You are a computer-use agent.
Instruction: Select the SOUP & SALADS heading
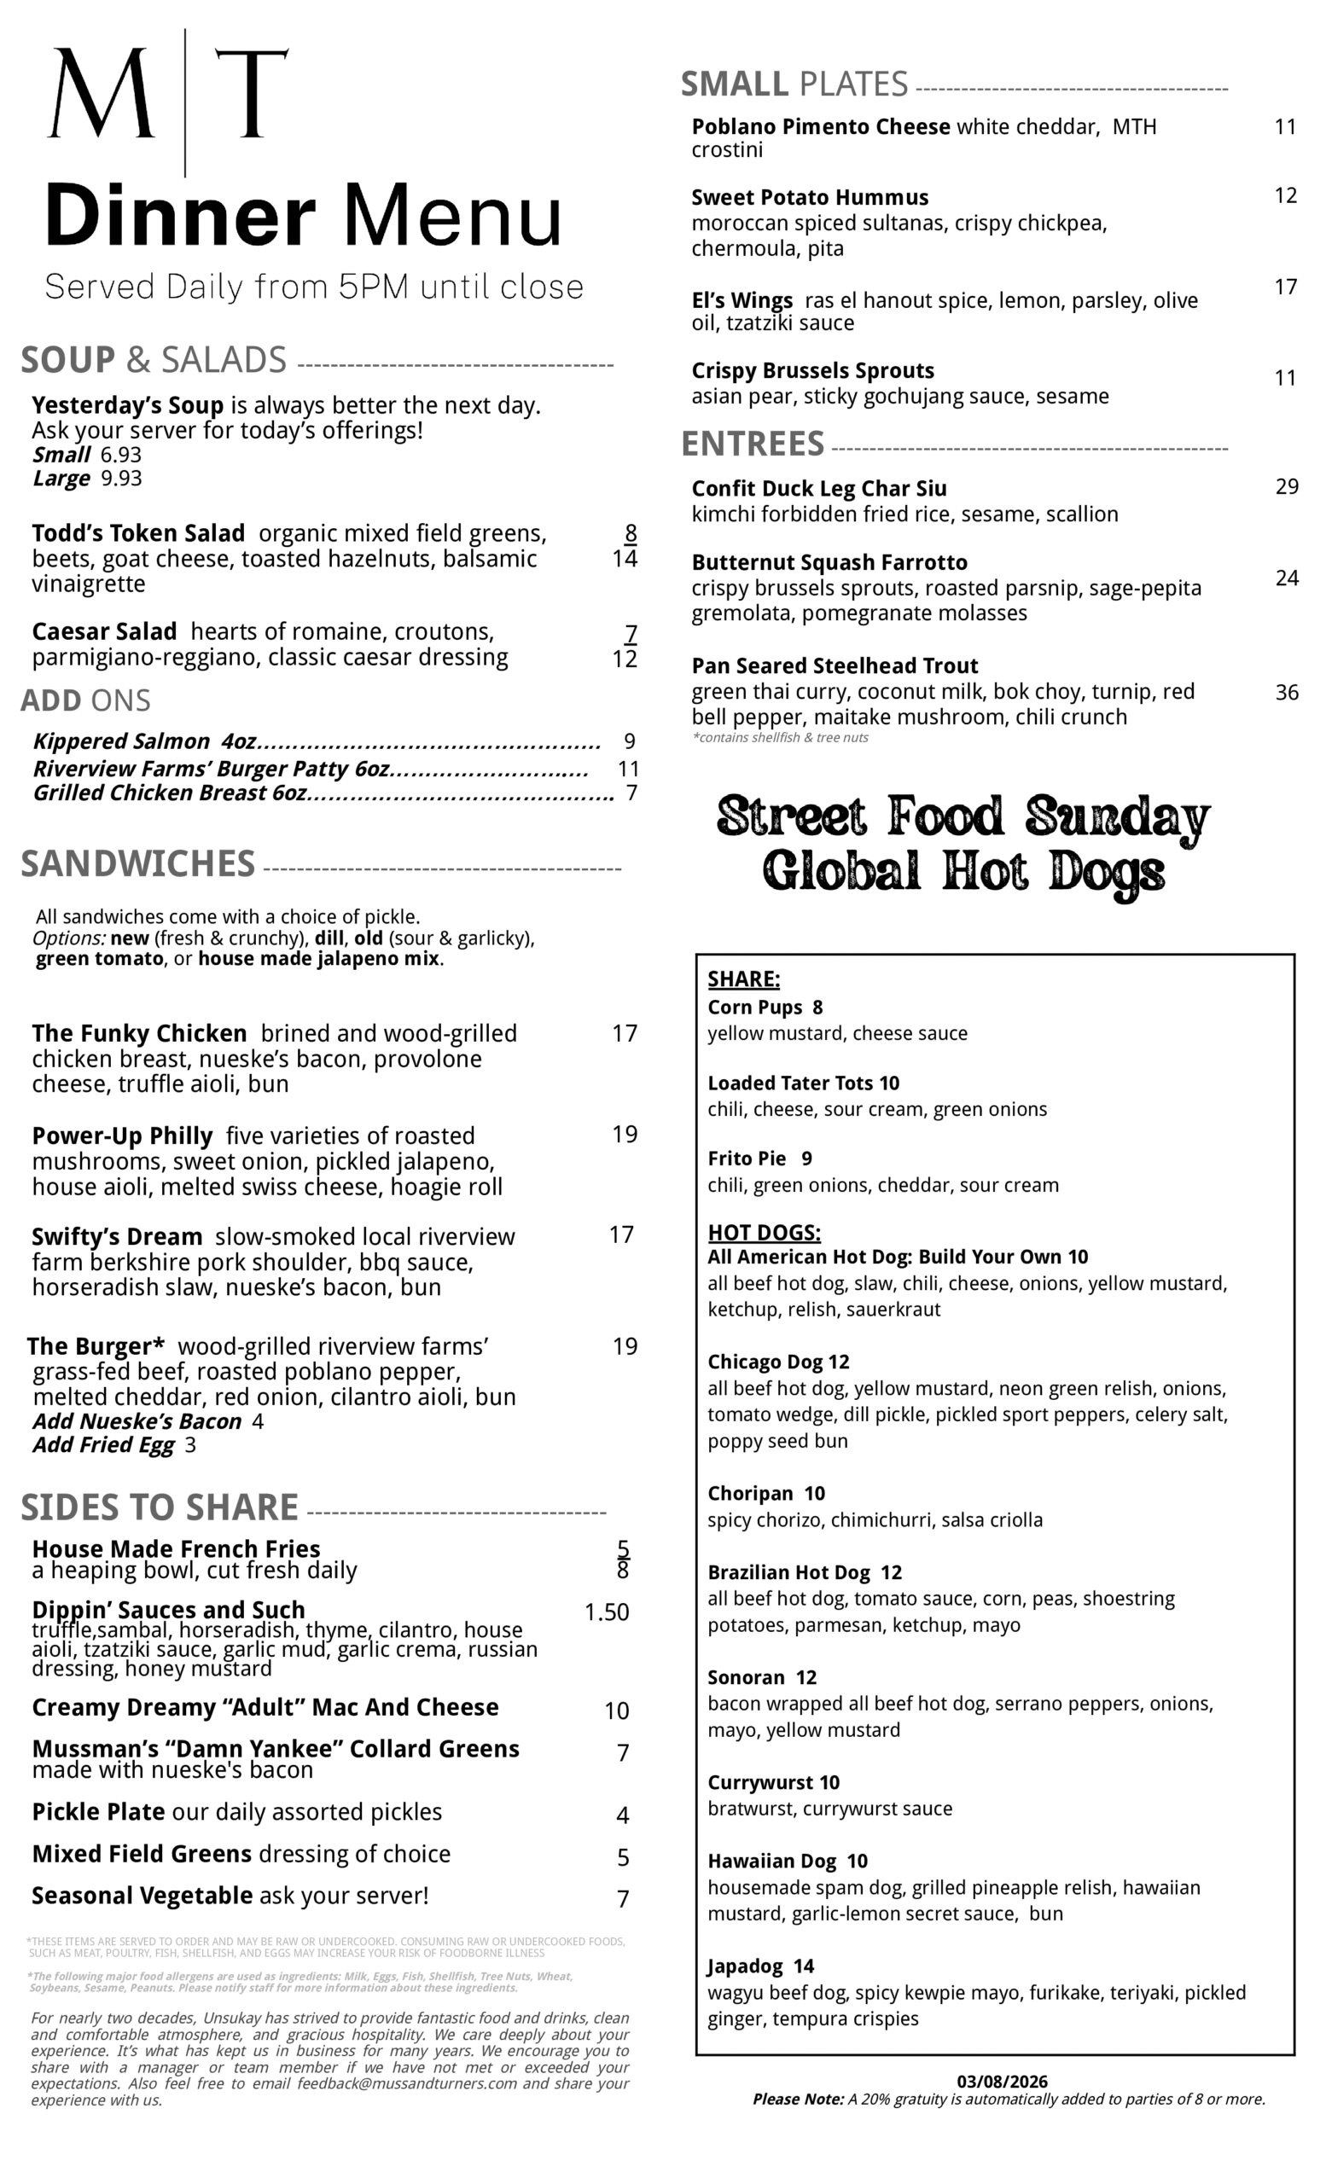[154, 360]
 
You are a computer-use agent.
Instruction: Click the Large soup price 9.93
[121, 479]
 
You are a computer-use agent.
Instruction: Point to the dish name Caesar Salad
[104, 632]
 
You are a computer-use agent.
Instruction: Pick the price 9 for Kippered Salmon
[630, 741]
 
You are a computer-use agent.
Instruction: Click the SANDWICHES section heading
[137, 864]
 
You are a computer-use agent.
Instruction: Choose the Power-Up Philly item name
[122, 1136]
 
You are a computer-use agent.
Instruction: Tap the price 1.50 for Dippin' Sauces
[607, 1612]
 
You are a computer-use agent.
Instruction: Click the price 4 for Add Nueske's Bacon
[258, 1421]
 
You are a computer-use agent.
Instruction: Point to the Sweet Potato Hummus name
[809, 198]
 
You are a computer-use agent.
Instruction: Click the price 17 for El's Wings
[1285, 288]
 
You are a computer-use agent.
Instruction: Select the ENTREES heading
[753, 443]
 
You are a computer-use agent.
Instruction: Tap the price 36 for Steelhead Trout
[1286, 692]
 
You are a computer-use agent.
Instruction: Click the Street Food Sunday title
[963, 816]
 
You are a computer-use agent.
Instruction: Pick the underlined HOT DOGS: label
[763, 1233]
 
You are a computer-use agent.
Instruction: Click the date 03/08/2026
[1002, 2082]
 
